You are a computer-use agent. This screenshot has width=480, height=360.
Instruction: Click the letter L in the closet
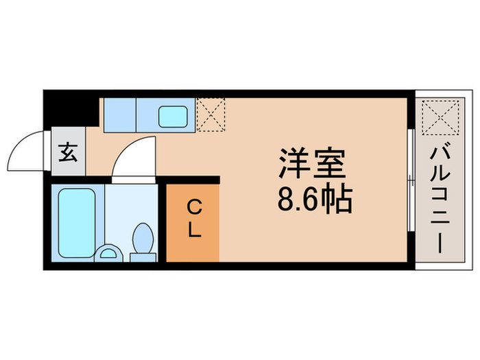pyautogui.click(x=194, y=231)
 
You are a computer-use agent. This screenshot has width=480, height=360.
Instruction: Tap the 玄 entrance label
pyautogui.click(x=68, y=152)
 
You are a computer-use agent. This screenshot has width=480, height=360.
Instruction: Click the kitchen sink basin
pyautogui.click(x=174, y=115)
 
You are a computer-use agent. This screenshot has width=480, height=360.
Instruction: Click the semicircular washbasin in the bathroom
pyautogui.click(x=108, y=254)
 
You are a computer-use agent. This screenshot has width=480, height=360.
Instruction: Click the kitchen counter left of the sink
pyautogui.click(x=119, y=114)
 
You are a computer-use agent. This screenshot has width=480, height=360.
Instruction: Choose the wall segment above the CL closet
pyautogui.click(x=193, y=180)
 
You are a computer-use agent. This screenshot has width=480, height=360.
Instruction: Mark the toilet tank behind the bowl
pyautogui.click(x=143, y=257)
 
